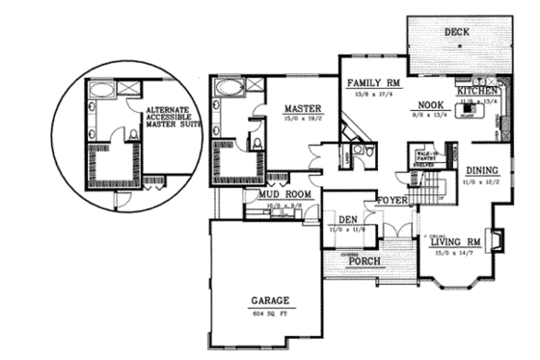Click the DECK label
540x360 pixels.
(457, 32)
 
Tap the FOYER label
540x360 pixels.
(392, 201)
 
